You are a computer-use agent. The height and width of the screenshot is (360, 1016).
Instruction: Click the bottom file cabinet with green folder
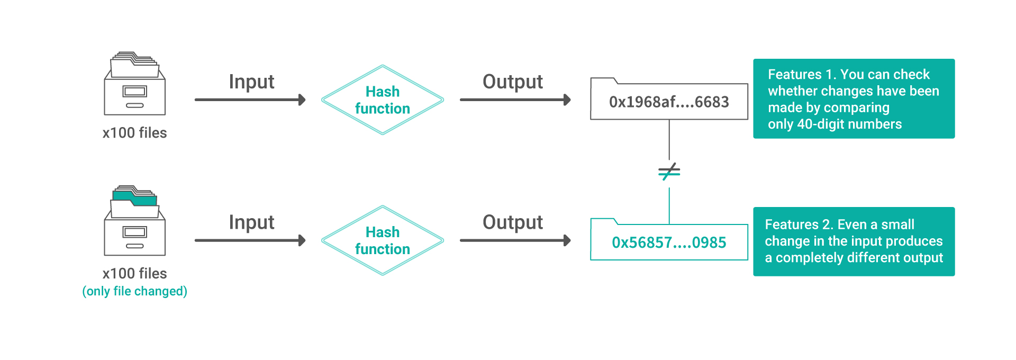point(135,221)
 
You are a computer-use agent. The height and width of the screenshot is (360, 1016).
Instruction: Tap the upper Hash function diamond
point(383,100)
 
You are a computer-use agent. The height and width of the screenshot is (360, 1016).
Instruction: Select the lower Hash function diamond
point(383,240)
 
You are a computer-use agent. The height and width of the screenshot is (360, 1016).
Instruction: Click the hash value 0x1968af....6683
point(669,102)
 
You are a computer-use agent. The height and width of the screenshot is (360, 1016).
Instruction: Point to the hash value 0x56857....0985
point(669,242)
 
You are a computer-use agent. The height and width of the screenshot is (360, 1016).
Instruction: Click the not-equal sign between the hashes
point(669,172)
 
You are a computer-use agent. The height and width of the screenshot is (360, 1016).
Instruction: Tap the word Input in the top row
point(251,82)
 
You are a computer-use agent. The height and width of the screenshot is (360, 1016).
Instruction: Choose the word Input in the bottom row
point(251,222)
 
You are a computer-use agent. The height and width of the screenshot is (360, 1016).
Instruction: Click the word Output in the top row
point(513,82)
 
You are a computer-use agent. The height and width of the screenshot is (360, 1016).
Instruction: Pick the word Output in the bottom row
point(513,222)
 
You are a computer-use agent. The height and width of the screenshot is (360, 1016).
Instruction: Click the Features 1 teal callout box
point(854,98)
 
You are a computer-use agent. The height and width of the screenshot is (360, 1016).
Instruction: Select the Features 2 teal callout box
point(854,241)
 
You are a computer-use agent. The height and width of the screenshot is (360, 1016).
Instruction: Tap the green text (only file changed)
point(135,291)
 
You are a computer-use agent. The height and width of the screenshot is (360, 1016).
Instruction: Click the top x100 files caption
point(135,133)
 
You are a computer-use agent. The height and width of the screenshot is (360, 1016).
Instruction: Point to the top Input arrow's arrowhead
point(302,100)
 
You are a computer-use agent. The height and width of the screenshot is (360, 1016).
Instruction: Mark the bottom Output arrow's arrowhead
point(567,240)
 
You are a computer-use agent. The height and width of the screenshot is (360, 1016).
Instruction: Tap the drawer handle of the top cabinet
point(135,105)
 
